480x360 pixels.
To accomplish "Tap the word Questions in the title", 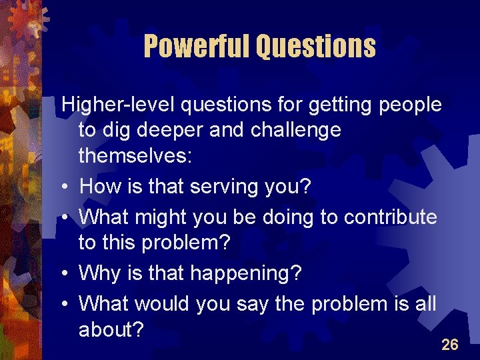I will pos(316,46).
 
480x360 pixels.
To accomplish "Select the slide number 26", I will pos(450,345).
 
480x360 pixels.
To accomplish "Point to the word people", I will pos(409,105).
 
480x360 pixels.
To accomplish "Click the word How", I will pos(99,187).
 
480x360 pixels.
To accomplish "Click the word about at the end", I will pos(111,329).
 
